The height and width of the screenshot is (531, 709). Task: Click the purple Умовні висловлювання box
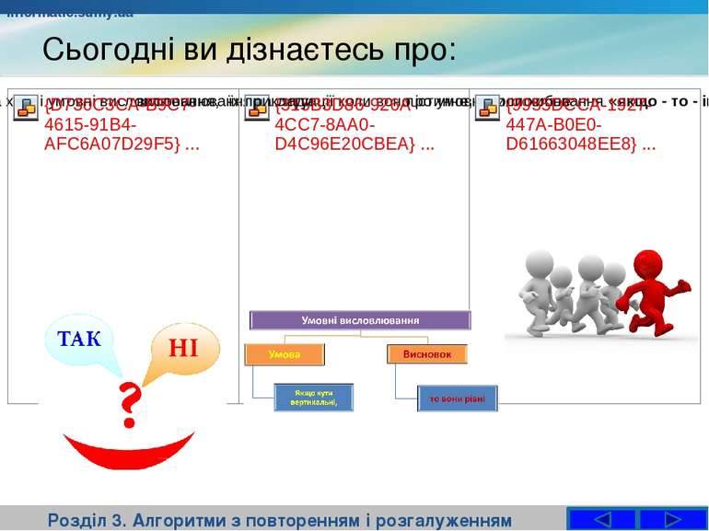pos(360,320)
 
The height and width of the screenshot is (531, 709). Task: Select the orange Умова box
pos(285,354)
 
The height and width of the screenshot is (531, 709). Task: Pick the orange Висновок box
pos(426,354)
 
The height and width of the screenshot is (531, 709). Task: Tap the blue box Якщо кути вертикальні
pos(314,397)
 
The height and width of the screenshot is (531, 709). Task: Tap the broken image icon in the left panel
pos(27,104)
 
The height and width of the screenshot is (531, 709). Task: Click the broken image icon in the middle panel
pos(257,104)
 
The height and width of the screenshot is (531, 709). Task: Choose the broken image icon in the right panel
pos(487,104)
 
